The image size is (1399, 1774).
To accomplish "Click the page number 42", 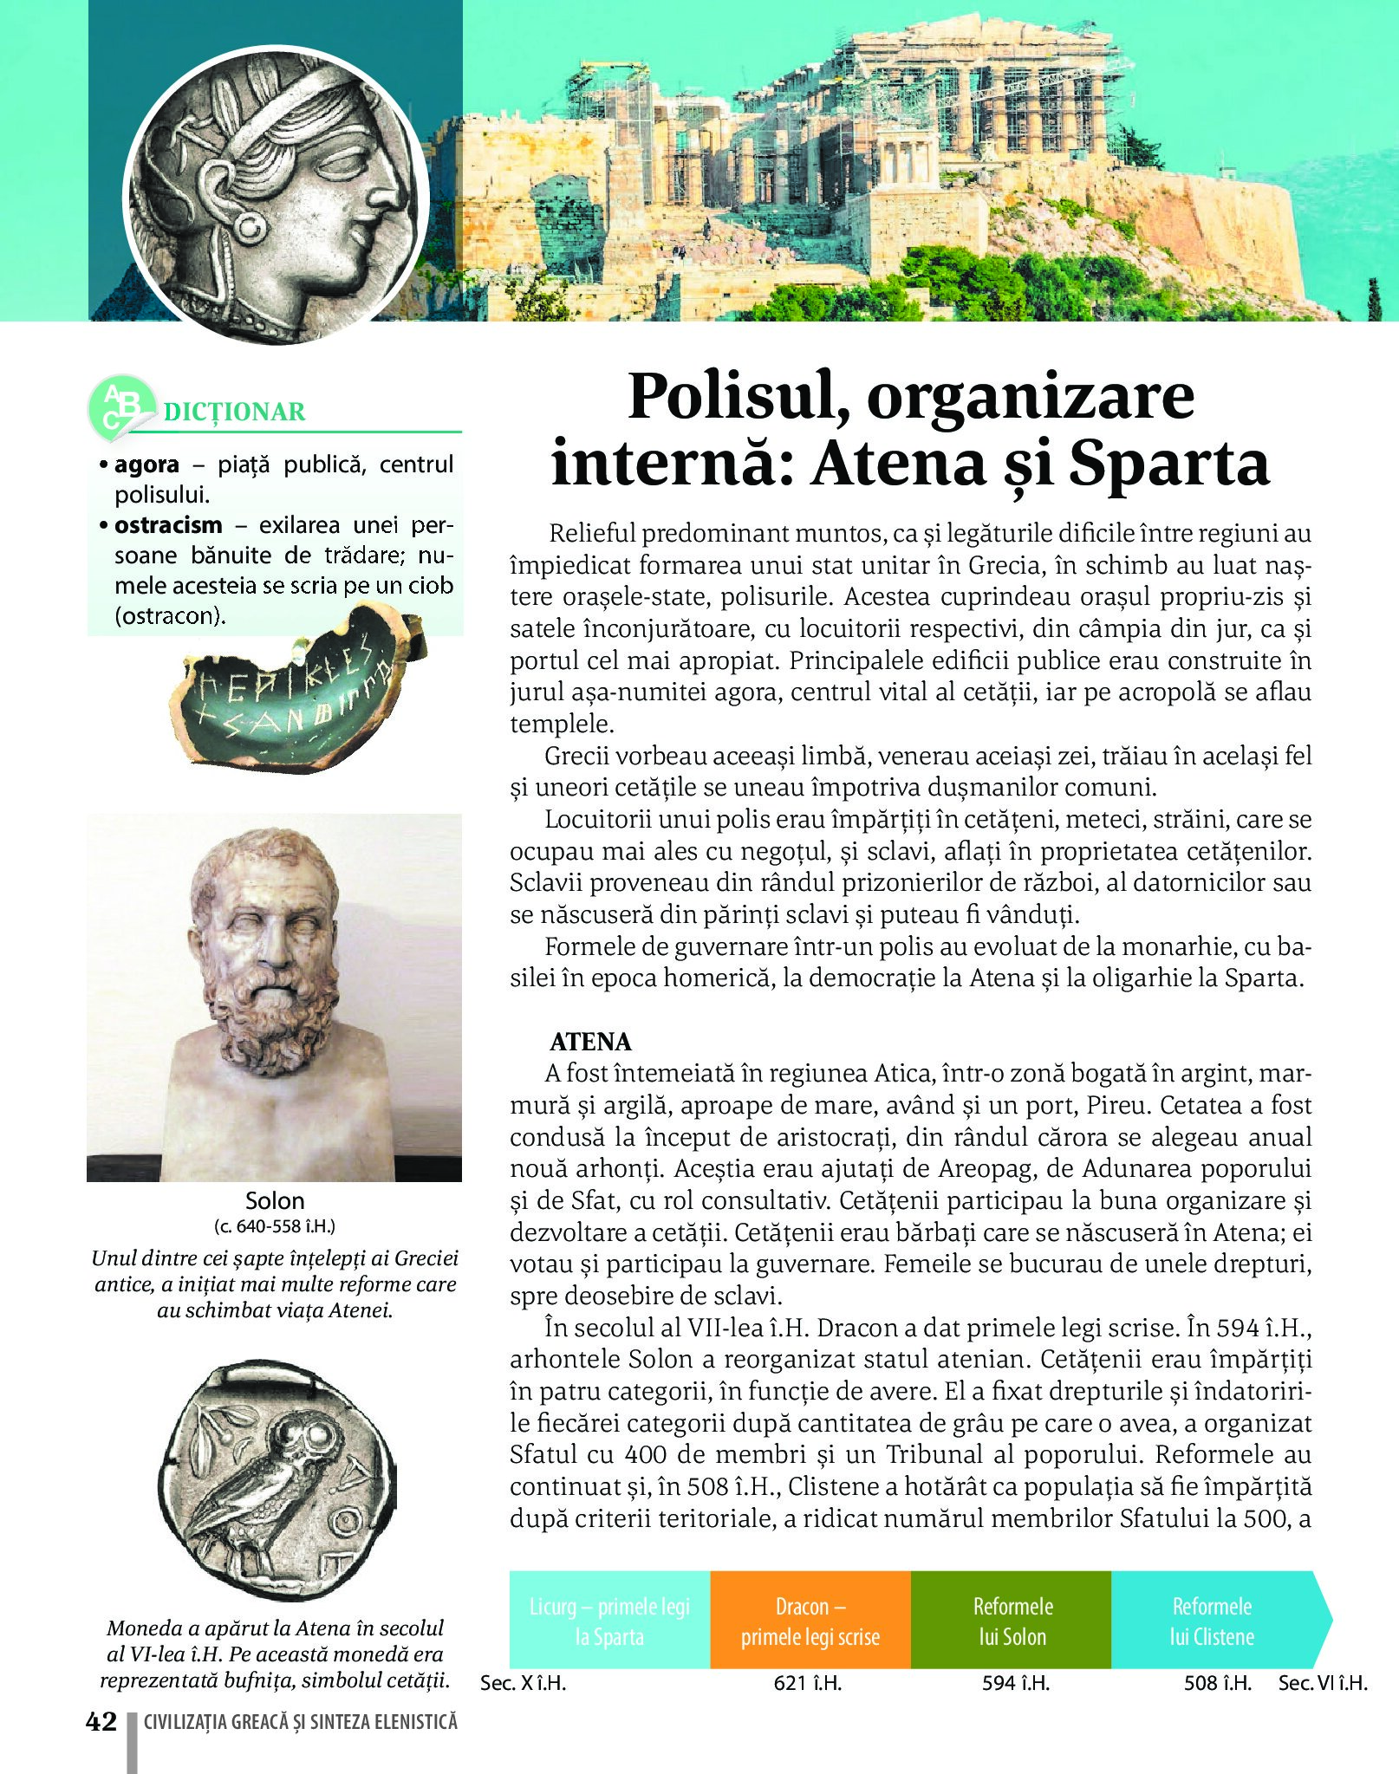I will pos(101,1721).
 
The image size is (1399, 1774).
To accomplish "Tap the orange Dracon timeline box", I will pos(810,1621).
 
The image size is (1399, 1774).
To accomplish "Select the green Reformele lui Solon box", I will pos(1012,1621).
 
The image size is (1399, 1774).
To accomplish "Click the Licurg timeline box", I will pos(609,1621).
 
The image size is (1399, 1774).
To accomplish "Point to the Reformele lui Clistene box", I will pos(1214,1621).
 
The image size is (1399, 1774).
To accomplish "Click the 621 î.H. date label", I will pos(808,1683).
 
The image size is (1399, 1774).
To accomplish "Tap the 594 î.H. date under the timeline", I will pos(1016,1683).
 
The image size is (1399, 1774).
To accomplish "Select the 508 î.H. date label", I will pos(1218,1683).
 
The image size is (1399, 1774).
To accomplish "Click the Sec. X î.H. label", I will pos(523,1683).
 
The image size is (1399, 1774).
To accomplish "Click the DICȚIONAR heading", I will pos(234,412).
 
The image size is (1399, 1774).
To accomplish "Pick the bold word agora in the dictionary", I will pos(146,465).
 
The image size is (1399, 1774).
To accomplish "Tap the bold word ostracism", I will pos(168,525).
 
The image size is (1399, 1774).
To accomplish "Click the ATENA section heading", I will pos(590,1041).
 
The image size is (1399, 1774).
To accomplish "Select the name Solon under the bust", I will pos(275,1201).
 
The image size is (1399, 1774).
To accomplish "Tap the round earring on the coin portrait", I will pos(250,228).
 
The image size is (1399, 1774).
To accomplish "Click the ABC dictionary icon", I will pos(120,408).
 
